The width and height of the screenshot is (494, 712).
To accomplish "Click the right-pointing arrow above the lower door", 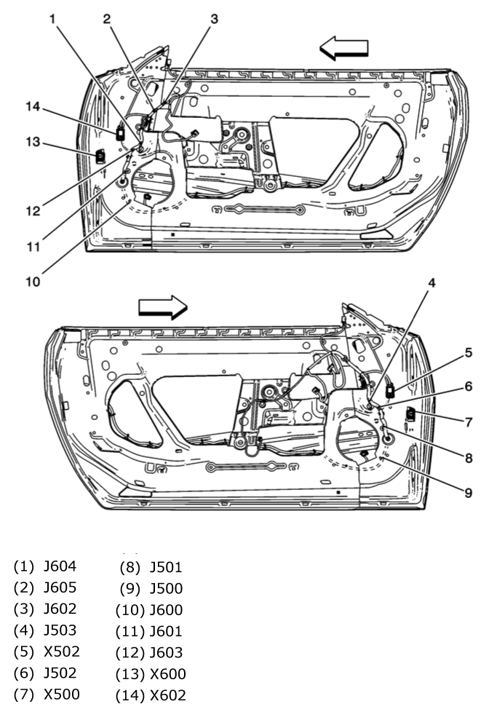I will [162, 306].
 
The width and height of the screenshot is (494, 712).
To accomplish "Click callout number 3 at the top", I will [214, 20].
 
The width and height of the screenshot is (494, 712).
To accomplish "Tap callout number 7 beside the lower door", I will [469, 422].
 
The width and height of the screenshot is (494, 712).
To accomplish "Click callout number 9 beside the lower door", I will [469, 492].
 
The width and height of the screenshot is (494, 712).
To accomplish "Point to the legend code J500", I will [166, 588].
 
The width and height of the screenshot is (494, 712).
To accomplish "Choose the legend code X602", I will [167, 695].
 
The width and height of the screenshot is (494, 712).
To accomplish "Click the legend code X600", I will [167, 673].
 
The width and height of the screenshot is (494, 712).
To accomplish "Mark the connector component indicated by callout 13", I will [100, 155].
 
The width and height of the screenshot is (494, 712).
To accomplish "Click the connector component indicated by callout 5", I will [391, 391].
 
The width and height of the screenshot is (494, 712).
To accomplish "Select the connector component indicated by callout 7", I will [411, 415].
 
